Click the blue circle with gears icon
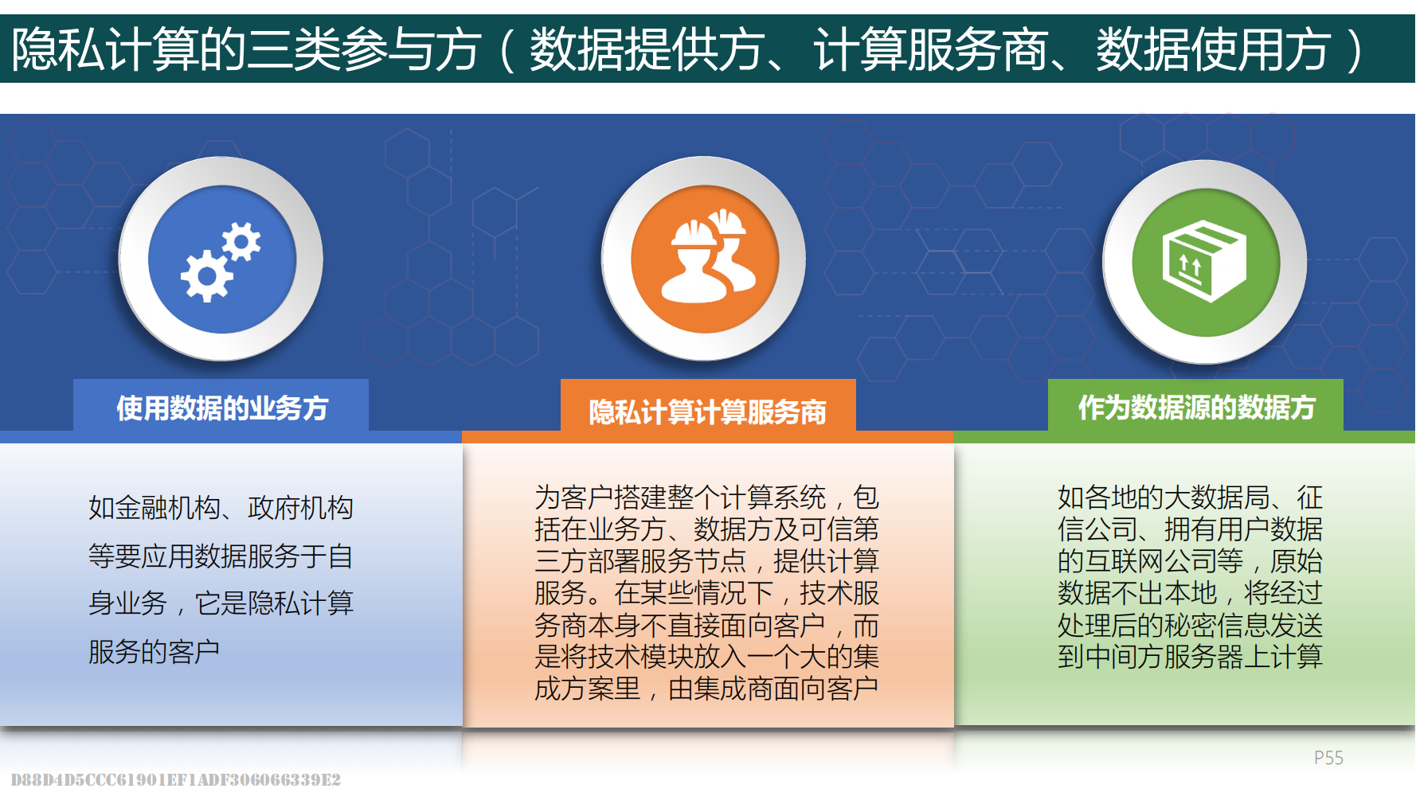point(221,259)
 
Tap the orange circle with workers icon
point(705,259)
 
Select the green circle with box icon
point(1205,262)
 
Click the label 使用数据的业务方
point(222,408)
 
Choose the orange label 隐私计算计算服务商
point(707,412)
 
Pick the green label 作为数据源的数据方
point(1196,407)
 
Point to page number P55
point(1328,758)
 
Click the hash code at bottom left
point(176,779)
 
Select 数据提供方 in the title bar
point(647,49)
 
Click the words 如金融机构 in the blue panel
point(155,508)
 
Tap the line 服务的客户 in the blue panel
point(155,652)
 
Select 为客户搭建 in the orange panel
point(600,497)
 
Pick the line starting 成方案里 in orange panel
point(706,689)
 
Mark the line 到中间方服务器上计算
point(1190,657)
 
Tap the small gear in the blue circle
point(241,241)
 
